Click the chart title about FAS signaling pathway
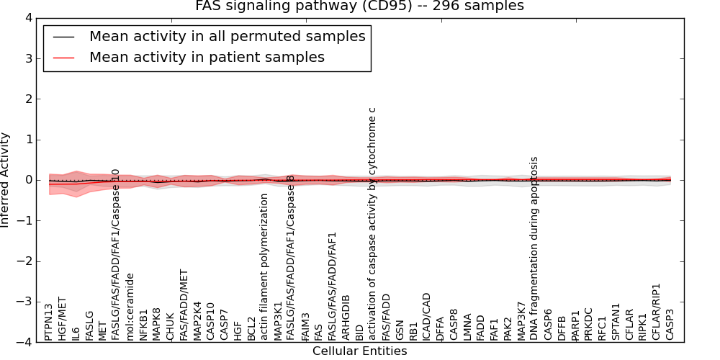359,6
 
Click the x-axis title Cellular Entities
359,351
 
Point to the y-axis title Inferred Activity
6,180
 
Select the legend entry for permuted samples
227,36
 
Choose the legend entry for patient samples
207,57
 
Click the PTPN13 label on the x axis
48,321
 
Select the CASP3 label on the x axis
670,324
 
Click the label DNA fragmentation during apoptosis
534,238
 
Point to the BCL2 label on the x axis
251,328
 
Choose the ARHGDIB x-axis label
346,317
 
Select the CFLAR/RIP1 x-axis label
656,311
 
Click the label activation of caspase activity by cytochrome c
372,223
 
